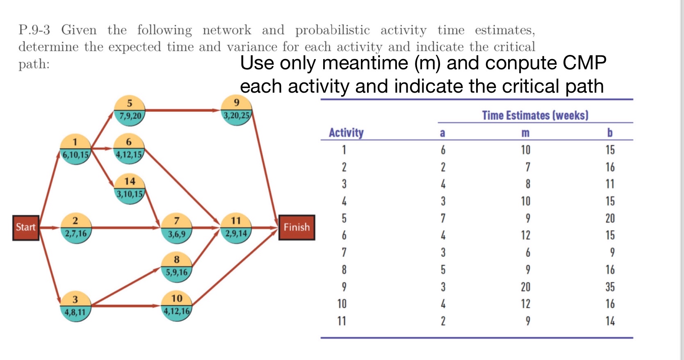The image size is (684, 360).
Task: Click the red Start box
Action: [26, 228]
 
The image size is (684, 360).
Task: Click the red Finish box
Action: [296, 228]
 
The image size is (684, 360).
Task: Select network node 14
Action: [130, 188]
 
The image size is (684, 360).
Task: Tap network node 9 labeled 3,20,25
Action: [237, 109]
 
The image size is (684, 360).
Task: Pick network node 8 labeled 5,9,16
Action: [177, 267]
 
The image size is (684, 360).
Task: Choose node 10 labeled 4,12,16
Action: [177, 305]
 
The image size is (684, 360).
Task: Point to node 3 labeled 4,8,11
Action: [75, 306]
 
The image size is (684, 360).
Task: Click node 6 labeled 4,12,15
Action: [129, 148]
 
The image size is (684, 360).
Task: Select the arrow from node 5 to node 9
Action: [182, 110]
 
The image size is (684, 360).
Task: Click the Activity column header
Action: [346, 132]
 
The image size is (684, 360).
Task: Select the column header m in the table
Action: [525, 133]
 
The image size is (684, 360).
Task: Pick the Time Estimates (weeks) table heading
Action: [535, 115]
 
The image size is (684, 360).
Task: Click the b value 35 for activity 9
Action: [610, 287]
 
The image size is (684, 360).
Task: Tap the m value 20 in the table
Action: [525, 287]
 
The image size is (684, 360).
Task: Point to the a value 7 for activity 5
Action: [443, 218]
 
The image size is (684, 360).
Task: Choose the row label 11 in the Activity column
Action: [342, 321]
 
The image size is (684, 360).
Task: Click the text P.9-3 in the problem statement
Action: [34, 30]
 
